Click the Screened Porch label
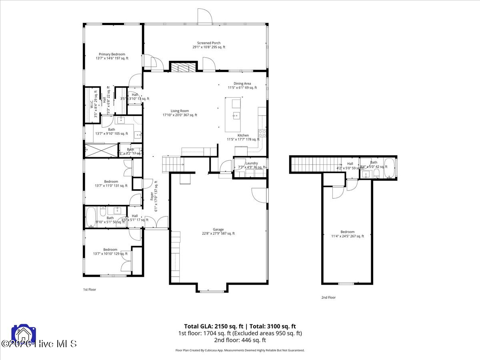coord(208,45)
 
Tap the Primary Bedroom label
coord(112,56)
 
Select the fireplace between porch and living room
coord(184,67)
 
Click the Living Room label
coord(180,113)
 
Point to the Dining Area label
coord(242,86)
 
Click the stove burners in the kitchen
coord(263,133)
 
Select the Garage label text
coord(218,231)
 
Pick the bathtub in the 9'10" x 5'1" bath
coord(90,217)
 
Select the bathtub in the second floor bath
coord(389,168)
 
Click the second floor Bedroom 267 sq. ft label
coord(347,234)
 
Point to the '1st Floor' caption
coord(89,289)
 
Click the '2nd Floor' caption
coord(328,297)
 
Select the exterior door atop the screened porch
coord(205,16)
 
